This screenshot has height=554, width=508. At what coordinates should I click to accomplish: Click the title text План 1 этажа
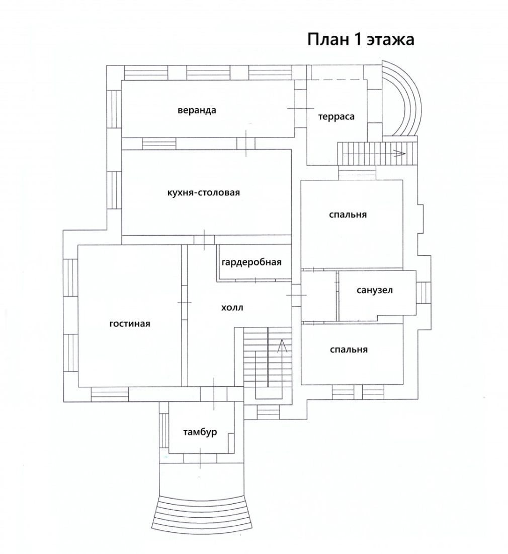tap(361, 40)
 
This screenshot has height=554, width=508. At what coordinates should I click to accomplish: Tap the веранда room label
tap(197, 110)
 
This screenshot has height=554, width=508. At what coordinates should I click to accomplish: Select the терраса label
tap(336, 117)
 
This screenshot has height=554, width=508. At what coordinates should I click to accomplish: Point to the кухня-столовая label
tap(204, 192)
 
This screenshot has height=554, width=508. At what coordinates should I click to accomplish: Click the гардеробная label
tap(251, 262)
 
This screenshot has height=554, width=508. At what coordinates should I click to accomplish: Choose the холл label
tap(232, 307)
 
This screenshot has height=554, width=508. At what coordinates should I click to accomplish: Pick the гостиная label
tap(130, 324)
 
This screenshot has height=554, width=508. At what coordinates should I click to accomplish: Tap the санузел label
tap(375, 291)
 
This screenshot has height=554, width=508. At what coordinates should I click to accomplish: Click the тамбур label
tap(200, 432)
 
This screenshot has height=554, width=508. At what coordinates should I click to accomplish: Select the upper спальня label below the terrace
tap(348, 215)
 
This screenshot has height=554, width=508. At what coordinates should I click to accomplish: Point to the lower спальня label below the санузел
tap(349, 350)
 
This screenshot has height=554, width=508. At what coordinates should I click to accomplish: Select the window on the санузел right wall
tap(424, 293)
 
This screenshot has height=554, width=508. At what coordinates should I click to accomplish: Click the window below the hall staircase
tap(268, 412)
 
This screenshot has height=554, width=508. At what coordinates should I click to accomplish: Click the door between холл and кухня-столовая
tap(204, 240)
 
